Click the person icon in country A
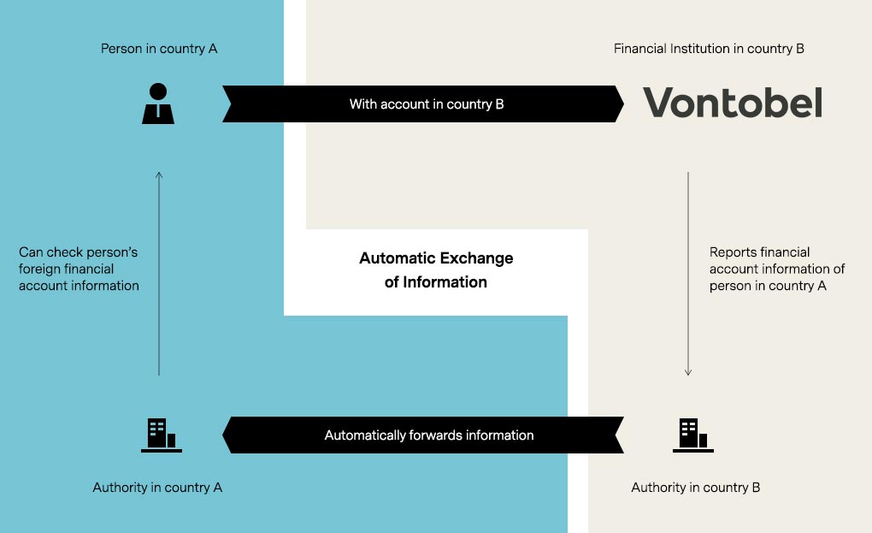pos(158,104)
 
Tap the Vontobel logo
pos(733,103)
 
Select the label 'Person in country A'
pos(159,49)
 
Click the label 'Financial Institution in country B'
pos(709,49)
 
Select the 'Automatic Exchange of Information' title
pos(436,269)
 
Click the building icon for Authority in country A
pos(161,435)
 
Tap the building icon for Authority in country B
pos(692,435)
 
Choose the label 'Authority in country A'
pos(157,488)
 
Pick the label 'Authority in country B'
pos(695,488)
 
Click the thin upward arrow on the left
pos(159,274)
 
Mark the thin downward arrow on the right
pos(687,274)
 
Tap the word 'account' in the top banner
pos(413,104)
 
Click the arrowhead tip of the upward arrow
pos(159,174)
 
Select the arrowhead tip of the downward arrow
pos(687,374)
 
